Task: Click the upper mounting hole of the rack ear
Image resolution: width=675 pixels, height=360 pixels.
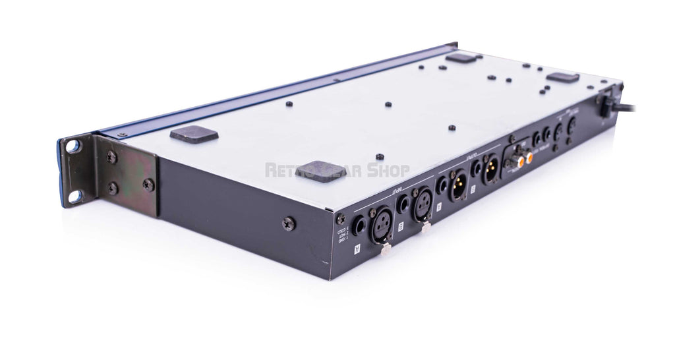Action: pos(71,146)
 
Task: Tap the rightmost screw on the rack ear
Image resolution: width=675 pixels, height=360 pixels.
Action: pos(149,185)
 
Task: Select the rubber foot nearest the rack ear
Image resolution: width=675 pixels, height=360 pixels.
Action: pos(194,134)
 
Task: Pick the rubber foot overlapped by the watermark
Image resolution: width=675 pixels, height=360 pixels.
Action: pos(320,171)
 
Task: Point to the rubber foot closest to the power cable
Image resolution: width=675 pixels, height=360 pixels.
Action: pos(562,77)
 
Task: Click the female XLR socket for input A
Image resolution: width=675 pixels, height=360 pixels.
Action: pos(382,228)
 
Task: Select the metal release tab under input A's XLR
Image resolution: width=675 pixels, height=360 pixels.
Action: pos(386,249)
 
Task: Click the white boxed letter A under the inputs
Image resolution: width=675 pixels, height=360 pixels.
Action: pos(357,249)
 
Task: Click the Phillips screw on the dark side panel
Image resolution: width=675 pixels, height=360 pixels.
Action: pos(288,224)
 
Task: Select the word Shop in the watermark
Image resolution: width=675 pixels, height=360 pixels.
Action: pos(387,171)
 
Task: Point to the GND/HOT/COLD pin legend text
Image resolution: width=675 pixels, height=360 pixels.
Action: pos(342,239)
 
